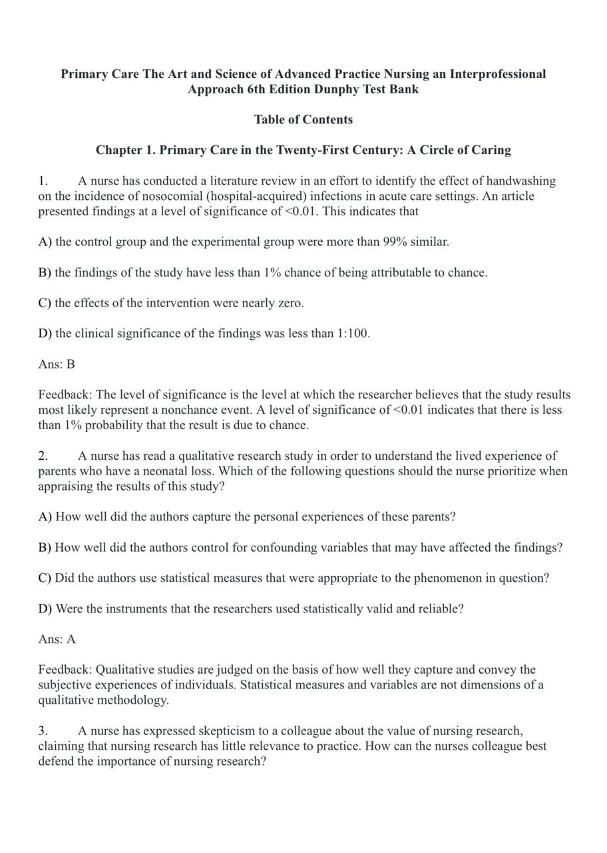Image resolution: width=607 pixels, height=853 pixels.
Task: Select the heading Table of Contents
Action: coord(303,119)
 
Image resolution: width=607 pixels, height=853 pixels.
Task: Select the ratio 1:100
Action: coord(353,333)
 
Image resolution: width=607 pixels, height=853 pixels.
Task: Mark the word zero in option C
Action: coord(290,303)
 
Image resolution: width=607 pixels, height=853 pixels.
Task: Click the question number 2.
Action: coord(43,456)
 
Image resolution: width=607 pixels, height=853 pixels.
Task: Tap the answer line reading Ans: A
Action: coord(57,639)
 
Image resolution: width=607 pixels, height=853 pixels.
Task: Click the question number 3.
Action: coord(43,731)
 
